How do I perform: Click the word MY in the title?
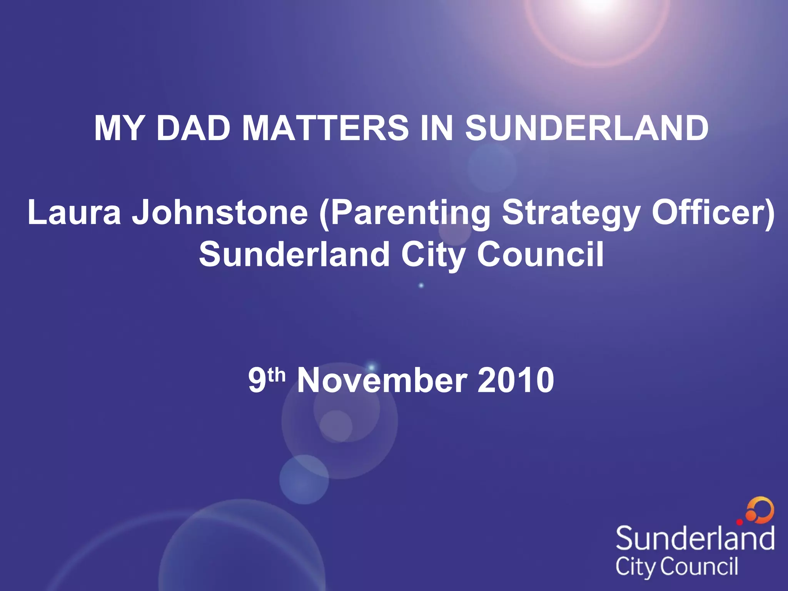point(119,128)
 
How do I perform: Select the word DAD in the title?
point(194,128)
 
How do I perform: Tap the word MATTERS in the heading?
point(325,128)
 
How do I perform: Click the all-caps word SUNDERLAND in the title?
point(586,128)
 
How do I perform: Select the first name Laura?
point(74,212)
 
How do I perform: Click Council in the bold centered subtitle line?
point(540,254)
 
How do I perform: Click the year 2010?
point(516,381)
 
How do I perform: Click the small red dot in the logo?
point(740,522)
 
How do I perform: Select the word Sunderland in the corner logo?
point(695,538)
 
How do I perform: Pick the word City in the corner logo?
point(637,567)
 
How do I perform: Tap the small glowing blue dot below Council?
point(421,285)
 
